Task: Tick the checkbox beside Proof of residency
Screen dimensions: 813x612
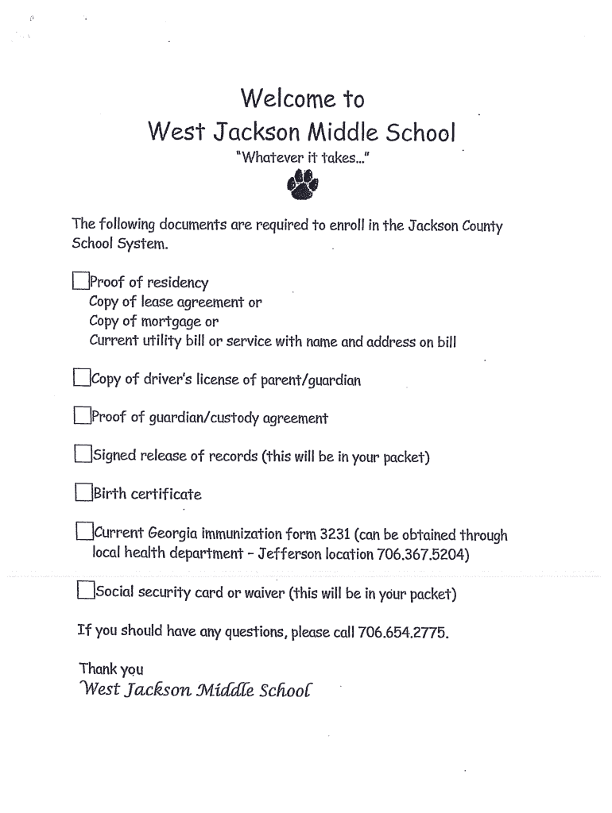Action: point(80,282)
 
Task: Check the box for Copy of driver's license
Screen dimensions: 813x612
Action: point(82,378)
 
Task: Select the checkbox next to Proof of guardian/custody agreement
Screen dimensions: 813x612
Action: point(82,415)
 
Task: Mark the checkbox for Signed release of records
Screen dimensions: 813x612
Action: point(83,454)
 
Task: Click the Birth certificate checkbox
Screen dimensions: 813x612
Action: point(83,492)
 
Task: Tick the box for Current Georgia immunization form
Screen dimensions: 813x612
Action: point(84,531)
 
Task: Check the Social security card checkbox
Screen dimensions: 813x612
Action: point(86,591)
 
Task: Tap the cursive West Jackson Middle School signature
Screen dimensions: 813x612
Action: point(196,688)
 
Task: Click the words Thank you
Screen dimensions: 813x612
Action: point(111,669)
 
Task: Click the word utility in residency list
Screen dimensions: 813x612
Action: point(157,342)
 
